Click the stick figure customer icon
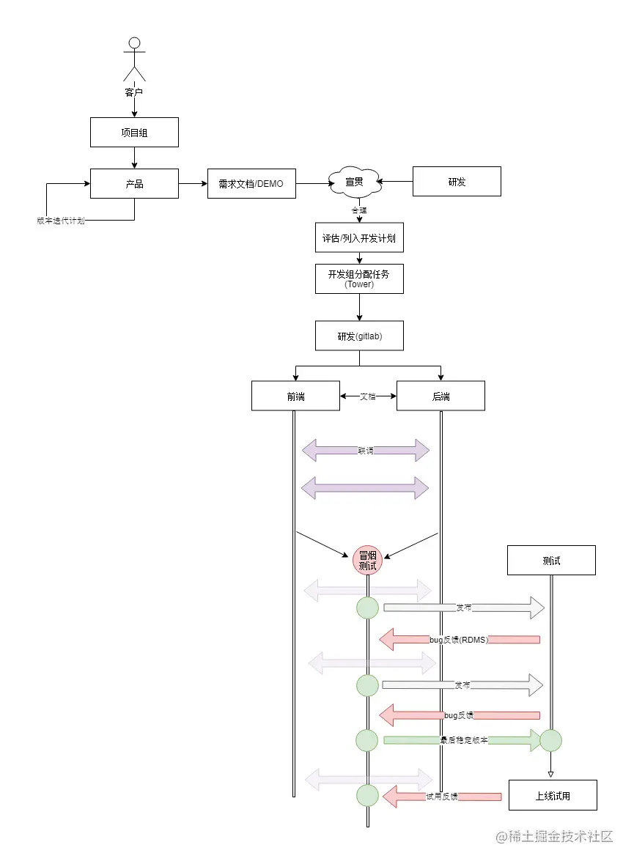click(134, 60)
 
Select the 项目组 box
click(134, 132)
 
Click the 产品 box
click(134, 183)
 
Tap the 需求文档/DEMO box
click(251, 183)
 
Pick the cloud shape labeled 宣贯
click(355, 182)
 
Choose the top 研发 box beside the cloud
click(457, 182)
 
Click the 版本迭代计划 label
click(61, 221)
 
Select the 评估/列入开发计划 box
click(359, 238)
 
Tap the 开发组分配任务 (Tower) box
click(359, 278)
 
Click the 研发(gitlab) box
click(359, 336)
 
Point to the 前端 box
click(295, 396)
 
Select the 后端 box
click(441, 396)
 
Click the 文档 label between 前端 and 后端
click(368, 396)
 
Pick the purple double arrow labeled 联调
click(365, 451)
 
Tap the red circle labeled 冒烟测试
click(367, 560)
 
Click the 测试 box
click(551, 560)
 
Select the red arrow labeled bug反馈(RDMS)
click(460, 640)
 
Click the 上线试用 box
click(553, 795)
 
